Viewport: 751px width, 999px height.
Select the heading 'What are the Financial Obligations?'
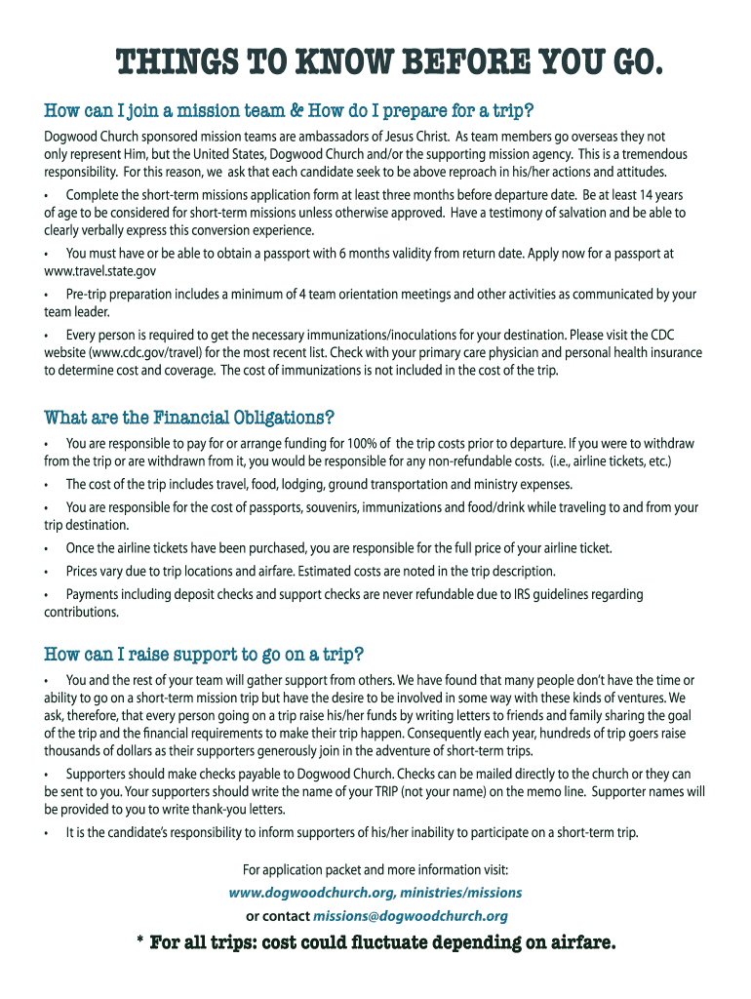click(189, 418)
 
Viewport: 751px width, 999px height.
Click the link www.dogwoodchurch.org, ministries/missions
click(375, 892)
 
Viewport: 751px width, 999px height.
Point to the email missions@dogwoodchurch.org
click(411, 915)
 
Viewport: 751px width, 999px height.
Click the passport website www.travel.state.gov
click(99, 271)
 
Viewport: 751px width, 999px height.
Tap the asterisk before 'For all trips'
click(139, 943)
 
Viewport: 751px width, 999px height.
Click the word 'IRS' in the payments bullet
click(508, 594)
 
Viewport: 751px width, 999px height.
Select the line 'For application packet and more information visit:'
click(375, 869)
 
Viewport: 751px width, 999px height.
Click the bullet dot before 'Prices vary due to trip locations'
click(47, 572)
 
